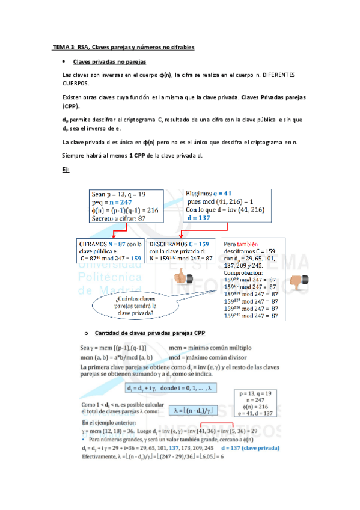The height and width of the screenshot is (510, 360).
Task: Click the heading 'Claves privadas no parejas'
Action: [109, 62]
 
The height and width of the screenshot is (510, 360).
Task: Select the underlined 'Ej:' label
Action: [66, 170]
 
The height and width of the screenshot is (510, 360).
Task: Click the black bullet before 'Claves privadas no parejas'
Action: [64, 62]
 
